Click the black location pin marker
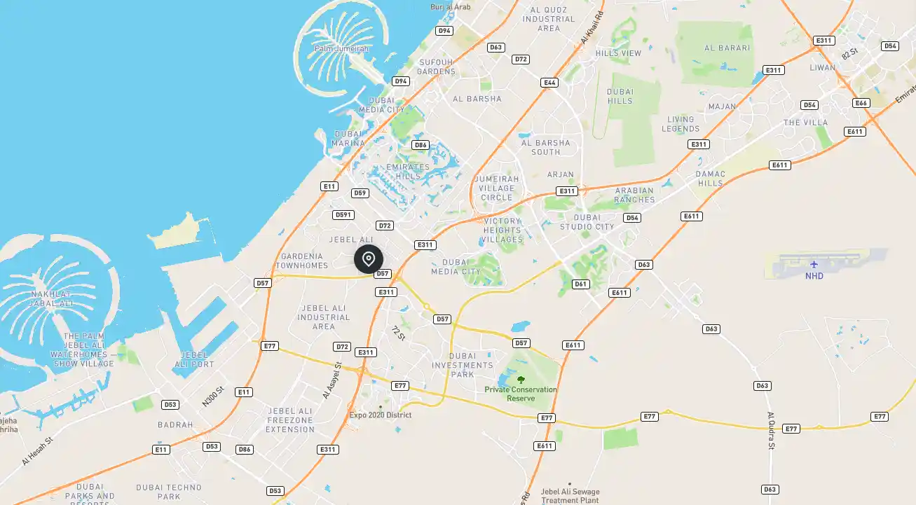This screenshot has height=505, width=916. [369, 259]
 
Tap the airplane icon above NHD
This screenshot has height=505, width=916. [814, 264]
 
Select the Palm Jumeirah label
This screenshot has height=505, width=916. [341, 48]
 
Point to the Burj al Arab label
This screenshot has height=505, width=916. [451, 7]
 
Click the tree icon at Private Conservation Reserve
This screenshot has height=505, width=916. [521, 380]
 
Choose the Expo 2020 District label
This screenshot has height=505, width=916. [381, 415]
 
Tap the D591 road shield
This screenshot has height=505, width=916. [343, 215]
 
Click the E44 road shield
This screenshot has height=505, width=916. [549, 83]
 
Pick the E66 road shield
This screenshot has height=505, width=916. [861, 103]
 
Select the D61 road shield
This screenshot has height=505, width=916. [580, 284]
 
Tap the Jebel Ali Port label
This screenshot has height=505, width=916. [193, 359]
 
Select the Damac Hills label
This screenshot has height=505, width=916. [710, 178]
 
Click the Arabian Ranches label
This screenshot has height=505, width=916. [634, 195]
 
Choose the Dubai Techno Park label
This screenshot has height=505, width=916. [169, 492]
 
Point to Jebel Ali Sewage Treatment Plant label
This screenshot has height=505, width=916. [570, 495]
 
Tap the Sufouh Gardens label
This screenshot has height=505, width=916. [437, 67]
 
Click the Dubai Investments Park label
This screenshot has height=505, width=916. [463, 365]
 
